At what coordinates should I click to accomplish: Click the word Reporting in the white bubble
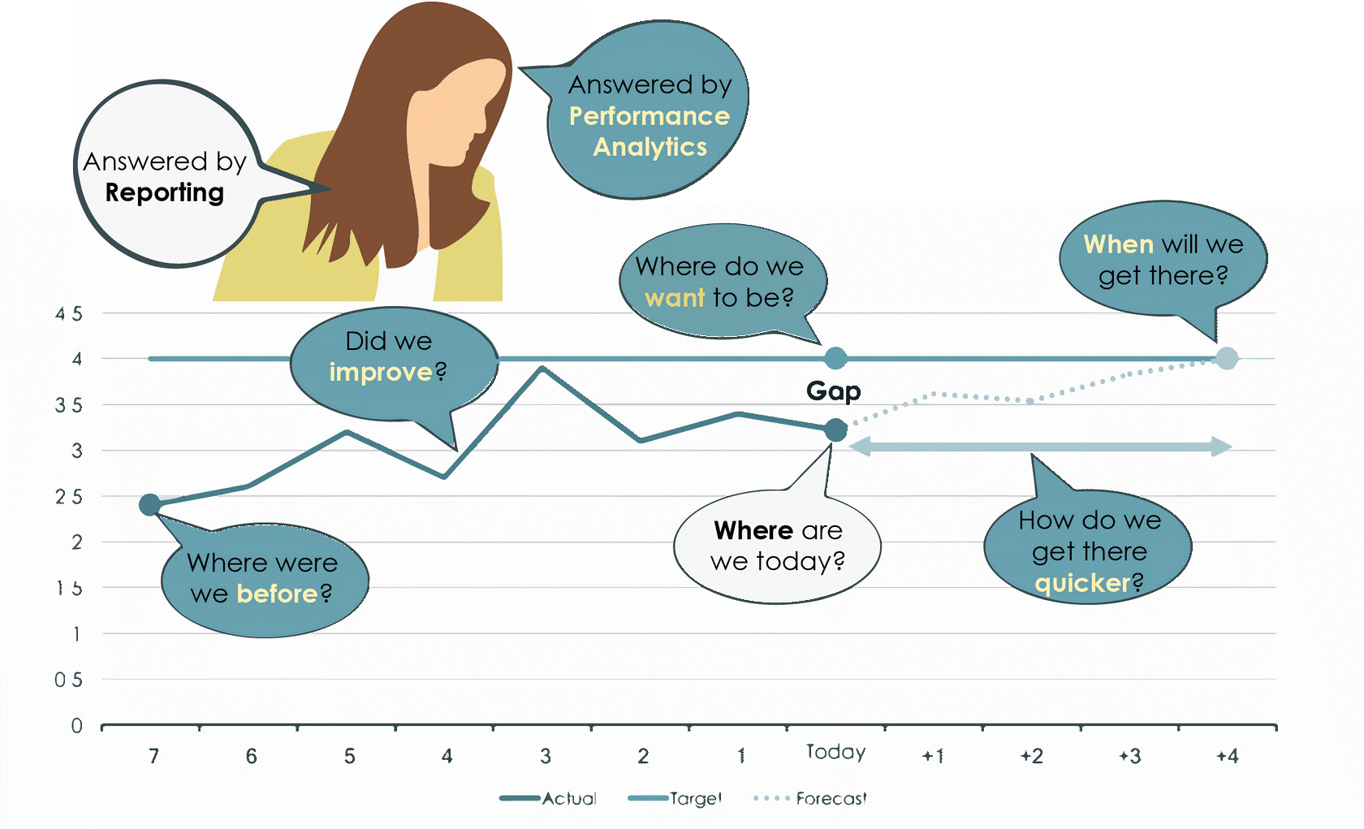[165, 192]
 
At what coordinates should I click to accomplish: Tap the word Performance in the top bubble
[649, 116]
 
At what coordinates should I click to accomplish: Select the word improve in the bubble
[381, 372]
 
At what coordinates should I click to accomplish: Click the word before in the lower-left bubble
[277, 594]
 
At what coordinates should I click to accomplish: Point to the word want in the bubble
[675, 298]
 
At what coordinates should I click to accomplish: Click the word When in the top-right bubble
[1118, 244]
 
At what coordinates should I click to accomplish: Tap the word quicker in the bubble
[1082, 583]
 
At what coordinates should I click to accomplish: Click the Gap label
[834, 391]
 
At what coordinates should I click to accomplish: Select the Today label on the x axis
[835, 753]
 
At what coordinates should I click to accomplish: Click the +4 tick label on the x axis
[1228, 757]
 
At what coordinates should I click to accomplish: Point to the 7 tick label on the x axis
[154, 757]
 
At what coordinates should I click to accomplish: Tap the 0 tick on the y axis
[77, 725]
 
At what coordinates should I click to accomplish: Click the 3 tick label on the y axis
[77, 451]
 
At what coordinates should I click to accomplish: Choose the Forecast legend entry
[831, 799]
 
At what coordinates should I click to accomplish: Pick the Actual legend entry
[569, 799]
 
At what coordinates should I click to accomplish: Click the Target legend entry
[696, 799]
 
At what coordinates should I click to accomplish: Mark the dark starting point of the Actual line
[149, 505]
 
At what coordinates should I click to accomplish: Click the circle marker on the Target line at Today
[835, 358]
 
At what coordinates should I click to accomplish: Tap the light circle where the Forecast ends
[1227, 358]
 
